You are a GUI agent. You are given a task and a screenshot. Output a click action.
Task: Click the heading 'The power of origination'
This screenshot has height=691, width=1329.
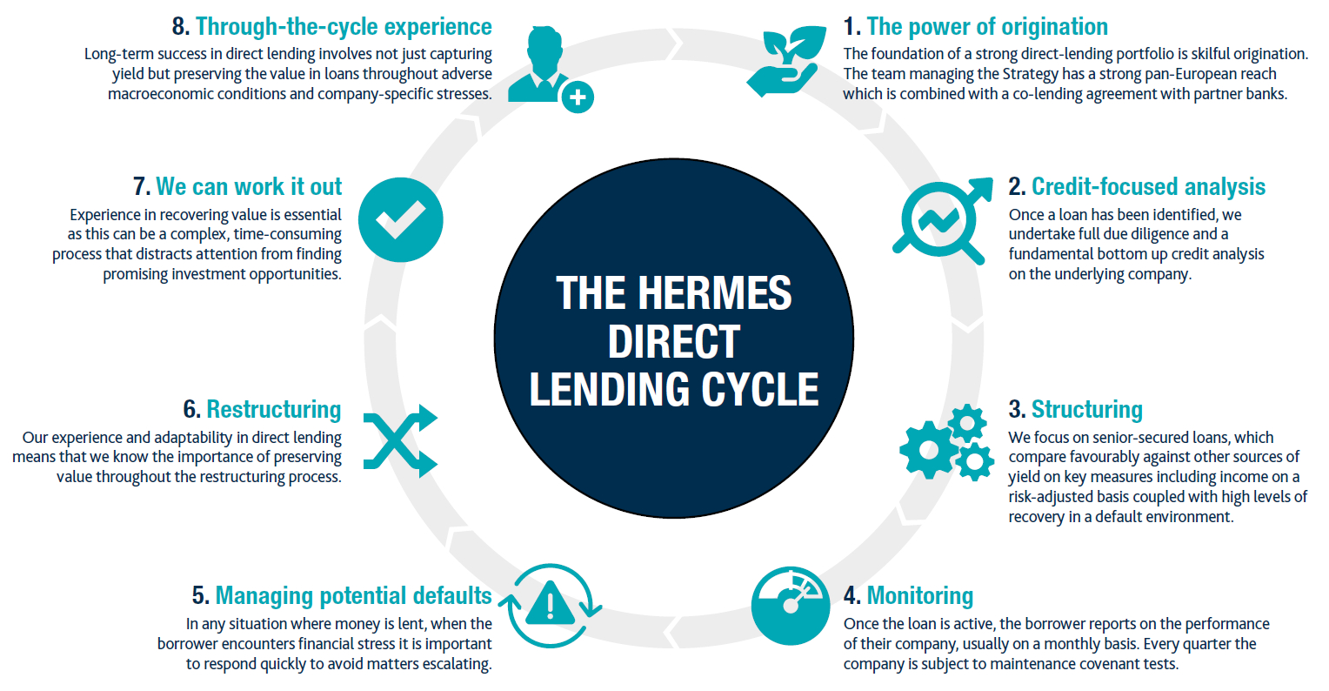pos(986,27)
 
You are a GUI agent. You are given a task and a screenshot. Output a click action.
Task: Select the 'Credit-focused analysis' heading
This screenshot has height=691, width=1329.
pos(1147,187)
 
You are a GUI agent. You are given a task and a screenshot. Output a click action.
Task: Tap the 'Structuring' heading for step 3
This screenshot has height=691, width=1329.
pos(1086,410)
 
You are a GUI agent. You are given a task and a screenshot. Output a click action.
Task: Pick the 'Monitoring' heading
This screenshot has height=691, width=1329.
pos(919,596)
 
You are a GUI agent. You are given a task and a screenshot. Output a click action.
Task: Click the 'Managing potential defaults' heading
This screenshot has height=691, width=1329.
pos(353,596)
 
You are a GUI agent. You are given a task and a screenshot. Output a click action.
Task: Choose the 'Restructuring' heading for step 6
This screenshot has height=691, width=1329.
pos(273,410)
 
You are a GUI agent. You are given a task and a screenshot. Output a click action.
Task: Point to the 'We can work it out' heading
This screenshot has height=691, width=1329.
pos(249,187)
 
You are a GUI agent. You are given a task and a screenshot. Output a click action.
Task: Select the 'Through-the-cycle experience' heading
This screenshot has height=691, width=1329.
pos(344,27)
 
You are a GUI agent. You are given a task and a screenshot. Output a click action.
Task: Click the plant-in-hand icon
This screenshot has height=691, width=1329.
pos(785,61)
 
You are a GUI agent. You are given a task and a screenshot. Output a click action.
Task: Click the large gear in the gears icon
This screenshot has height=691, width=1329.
pos(927,450)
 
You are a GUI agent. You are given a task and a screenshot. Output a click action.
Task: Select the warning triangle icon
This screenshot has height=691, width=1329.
pos(550,602)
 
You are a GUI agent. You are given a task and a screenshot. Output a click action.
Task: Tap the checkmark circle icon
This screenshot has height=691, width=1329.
pos(400,220)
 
